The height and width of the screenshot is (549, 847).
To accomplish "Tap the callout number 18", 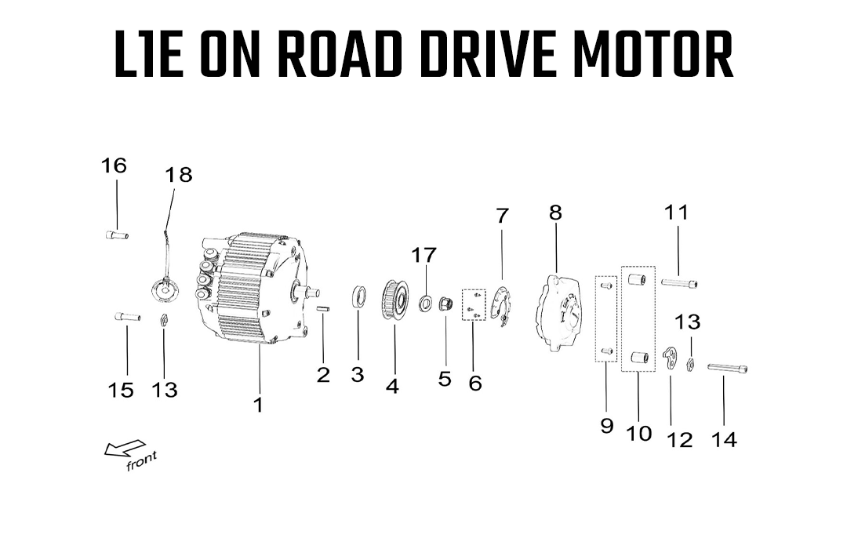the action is pos(178,175).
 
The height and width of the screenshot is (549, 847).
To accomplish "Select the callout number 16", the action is pos(114,165).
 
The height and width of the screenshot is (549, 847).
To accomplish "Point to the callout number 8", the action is pos(556,213).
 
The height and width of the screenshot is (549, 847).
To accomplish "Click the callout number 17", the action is pos(424,255).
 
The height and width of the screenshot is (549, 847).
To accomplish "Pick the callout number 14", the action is pos(724,440).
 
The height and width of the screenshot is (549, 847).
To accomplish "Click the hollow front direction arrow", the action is pos(125,448).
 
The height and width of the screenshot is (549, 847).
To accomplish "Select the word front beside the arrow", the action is pos(141,461).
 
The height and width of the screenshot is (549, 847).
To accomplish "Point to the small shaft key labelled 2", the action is pos(322,308).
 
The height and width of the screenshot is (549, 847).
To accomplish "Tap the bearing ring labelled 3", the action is pos(358,297).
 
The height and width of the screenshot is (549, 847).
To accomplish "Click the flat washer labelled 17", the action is pos(426,304).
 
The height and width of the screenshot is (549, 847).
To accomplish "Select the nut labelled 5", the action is pos(445,304).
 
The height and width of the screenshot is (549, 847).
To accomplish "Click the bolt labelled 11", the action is pos(679,282).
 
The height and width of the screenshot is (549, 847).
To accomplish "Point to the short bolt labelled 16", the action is pos(116,235).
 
